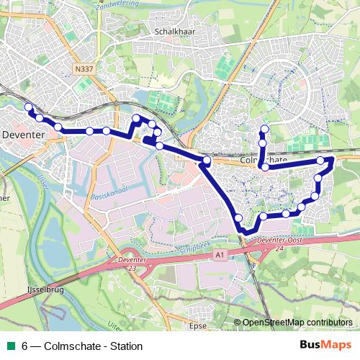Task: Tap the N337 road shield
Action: coord(83,70)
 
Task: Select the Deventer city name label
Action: coord(24,134)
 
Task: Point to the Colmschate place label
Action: coord(264,161)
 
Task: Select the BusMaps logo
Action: coord(325,345)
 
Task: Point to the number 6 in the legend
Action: coord(25,346)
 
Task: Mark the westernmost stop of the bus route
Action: coord(29,107)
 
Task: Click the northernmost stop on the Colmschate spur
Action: coord(264,129)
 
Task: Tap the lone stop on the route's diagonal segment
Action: coord(238,217)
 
